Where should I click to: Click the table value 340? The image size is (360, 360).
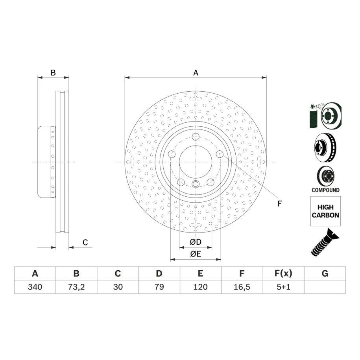pos(35,287)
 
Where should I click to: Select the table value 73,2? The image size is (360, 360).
pos(76,287)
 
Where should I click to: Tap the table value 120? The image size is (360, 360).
pos(200,287)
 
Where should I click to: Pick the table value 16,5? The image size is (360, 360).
pos(242,287)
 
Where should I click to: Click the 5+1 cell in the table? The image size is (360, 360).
pos(283,287)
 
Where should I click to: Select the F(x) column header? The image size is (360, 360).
pos(283,273)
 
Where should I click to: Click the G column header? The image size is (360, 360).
pos(325,273)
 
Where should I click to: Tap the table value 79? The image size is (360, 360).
pos(159,287)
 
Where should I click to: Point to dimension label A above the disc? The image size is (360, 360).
pos(195,72)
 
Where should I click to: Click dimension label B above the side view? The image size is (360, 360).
pos(53,72)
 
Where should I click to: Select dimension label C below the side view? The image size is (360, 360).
pos(85,242)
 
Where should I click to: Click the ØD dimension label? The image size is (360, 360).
pos(196,242)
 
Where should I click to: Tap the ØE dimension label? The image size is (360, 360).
pos(196,254)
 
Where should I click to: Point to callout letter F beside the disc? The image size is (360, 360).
pos(280,203)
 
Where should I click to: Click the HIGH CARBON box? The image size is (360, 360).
pos(325,212)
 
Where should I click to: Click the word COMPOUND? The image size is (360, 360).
pos(325,190)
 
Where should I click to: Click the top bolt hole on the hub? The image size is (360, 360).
pos(196,137)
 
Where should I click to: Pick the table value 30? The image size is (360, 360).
pos(118,287)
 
